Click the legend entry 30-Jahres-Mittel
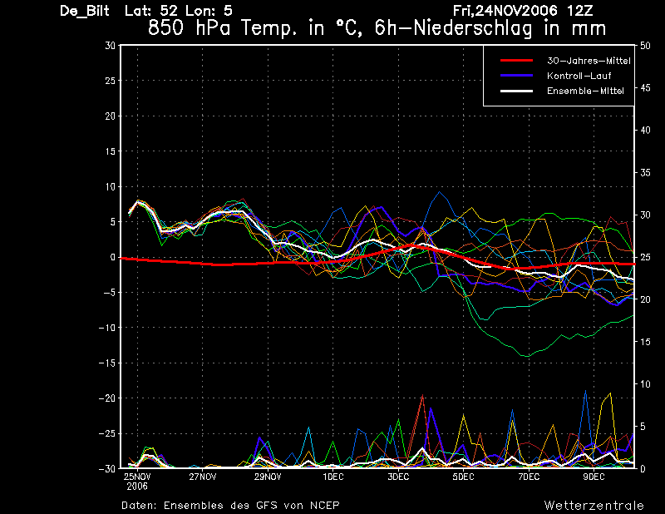coord(589,61)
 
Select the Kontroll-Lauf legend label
coord(579,76)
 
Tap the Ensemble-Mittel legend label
coord(585,91)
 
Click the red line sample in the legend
coord(516,60)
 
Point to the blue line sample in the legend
coord(516,76)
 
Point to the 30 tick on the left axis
coord(111,46)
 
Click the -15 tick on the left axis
coord(107,363)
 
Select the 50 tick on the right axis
coord(645,46)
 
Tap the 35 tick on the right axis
coord(645,173)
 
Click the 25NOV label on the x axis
coord(137,477)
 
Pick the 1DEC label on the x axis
coord(333,477)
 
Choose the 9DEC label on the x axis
coord(594,477)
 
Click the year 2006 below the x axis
coord(137,487)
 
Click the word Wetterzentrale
coord(594,506)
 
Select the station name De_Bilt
coord(85,11)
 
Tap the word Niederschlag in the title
coord(472,28)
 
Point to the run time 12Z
coord(579,11)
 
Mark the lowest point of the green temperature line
coord(528,357)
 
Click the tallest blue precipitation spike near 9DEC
coord(586,390)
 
